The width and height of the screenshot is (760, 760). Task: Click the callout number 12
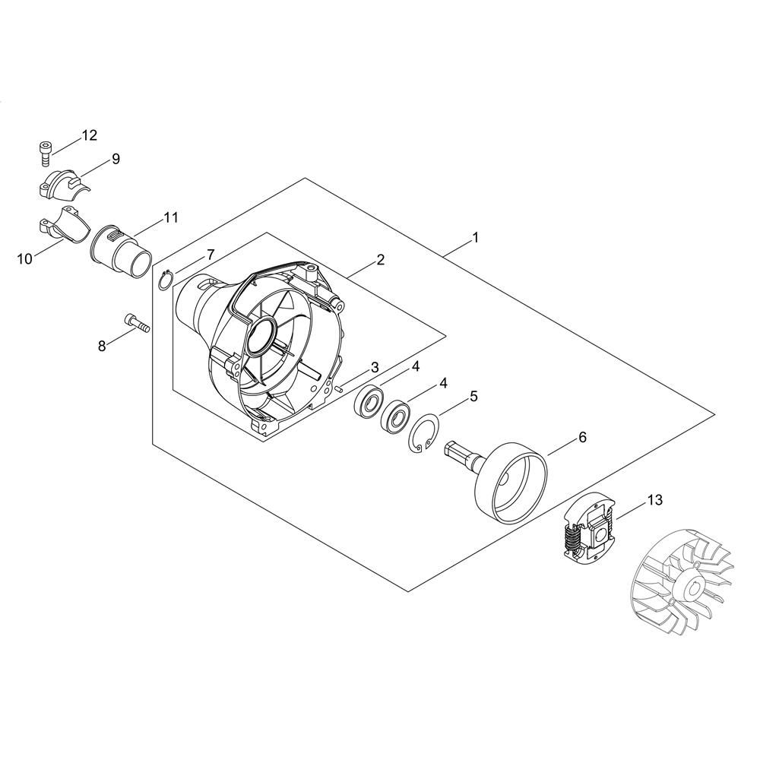[x=89, y=135]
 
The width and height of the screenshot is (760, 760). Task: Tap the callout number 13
[x=655, y=500]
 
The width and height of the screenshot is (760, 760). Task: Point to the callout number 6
[x=582, y=437]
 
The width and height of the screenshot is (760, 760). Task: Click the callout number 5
[x=473, y=396]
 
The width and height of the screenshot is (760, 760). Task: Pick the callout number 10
[x=25, y=259]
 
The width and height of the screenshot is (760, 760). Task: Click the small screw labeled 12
[x=45, y=154]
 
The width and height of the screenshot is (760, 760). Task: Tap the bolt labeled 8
[x=137, y=325]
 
